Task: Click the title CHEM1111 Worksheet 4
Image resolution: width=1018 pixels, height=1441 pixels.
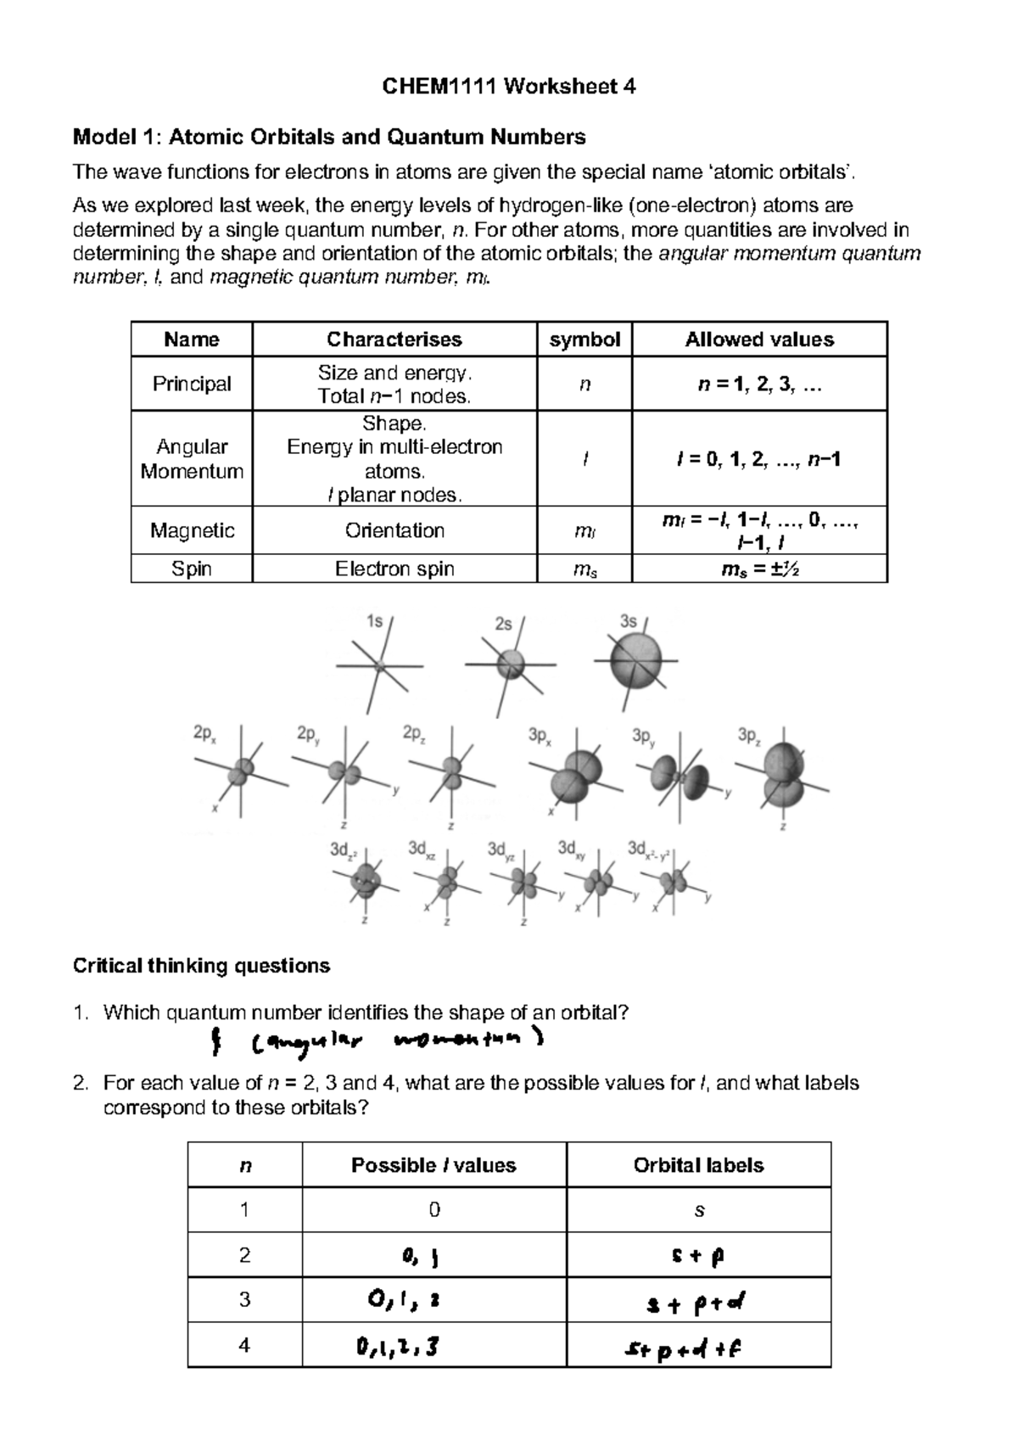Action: coord(508,87)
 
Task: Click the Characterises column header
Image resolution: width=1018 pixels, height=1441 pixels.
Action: coord(394,339)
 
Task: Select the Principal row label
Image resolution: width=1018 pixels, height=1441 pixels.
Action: coord(192,384)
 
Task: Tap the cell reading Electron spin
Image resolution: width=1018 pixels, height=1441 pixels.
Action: coord(394,569)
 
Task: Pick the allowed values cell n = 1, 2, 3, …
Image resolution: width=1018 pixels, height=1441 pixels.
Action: coord(759,384)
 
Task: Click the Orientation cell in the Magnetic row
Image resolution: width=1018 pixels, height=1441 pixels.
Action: coord(394,530)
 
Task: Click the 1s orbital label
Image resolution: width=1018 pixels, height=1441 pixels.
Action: coord(374,621)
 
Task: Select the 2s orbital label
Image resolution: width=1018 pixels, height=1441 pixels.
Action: coord(503,624)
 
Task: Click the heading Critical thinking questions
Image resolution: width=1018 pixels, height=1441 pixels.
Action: coord(201,966)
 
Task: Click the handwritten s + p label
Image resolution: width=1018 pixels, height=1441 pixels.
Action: coord(699,1256)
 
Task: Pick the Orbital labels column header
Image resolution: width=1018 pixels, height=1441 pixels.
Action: coord(698,1165)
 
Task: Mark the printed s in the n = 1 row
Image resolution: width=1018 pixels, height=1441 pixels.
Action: coord(699,1211)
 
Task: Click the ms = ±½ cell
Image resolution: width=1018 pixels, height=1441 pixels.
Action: coord(759,569)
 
